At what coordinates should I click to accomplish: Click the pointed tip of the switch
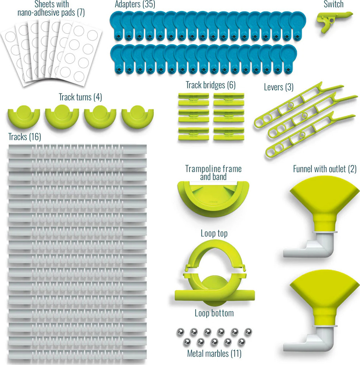352,14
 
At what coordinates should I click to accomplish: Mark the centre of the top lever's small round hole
291,105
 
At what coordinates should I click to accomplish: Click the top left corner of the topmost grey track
9,145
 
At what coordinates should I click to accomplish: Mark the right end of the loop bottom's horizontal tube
254,295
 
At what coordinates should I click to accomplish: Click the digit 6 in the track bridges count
231,85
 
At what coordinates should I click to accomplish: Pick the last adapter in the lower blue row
289,59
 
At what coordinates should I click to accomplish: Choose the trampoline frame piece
213,198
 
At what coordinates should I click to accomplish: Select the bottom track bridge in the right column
229,134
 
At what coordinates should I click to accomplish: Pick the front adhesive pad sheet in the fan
79,54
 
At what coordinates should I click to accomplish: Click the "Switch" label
334,4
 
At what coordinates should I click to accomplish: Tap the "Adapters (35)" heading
135,4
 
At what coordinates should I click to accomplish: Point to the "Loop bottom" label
214,313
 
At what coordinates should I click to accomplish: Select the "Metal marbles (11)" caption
214,353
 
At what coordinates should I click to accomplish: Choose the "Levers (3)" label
279,87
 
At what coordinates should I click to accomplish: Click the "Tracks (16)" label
25,137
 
